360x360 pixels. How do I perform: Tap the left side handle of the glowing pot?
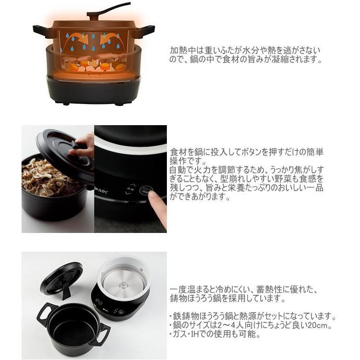[x=41, y=31]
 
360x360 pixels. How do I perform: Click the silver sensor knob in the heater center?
[x=124, y=284]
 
